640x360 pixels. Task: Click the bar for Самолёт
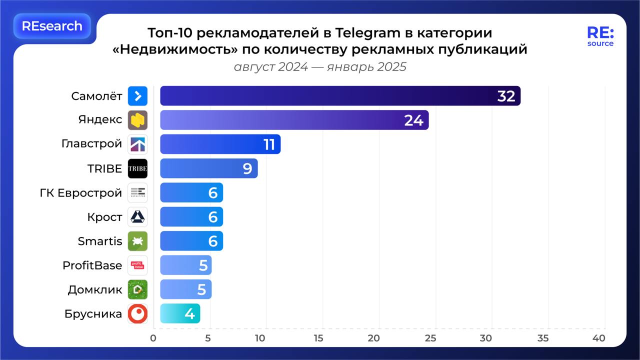[x=340, y=96]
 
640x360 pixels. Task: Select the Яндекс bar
[x=294, y=120]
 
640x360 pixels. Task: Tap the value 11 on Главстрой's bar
[x=269, y=144]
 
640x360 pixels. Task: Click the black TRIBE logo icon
[x=137, y=168]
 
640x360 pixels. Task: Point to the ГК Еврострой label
[x=80, y=193]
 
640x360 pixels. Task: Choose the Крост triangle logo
[x=137, y=217]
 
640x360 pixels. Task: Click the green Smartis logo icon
[x=137, y=241]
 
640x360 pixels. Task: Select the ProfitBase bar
[x=185, y=265]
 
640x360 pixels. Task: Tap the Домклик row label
[x=94, y=289]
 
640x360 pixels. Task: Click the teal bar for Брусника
[x=180, y=313]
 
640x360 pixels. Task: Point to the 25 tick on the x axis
[x=431, y=338]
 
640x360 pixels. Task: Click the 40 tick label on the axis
[x=598, y=338]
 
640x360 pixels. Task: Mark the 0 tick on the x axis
[x=153, y=338]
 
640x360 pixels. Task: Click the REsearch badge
[x=52, y=26]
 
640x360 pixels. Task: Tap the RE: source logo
[x=600, y=36]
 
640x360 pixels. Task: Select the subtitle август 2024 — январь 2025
[x=320, y=66]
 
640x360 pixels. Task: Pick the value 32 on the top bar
[x=506, y=96]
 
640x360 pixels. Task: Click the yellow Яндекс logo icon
[x=137, y=120]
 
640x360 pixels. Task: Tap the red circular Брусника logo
[x=137, y=313]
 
